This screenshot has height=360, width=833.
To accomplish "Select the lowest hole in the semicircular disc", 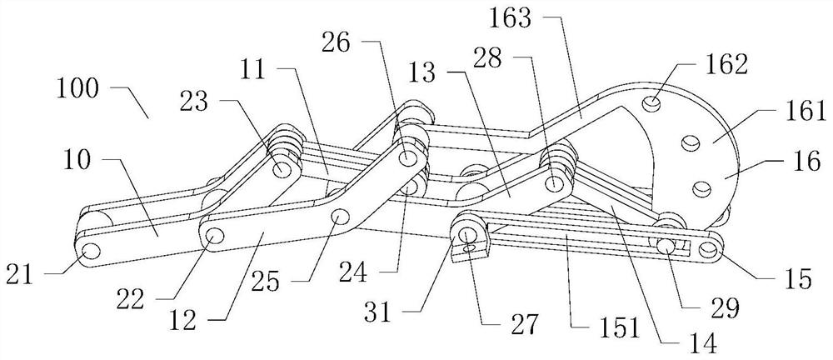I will click(x=701, y=188).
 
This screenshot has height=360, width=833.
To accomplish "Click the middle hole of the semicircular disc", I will click(x=690, y=145).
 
